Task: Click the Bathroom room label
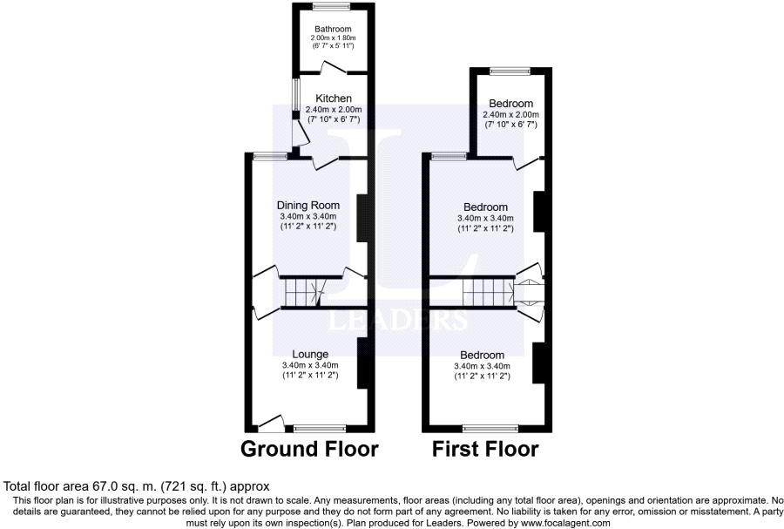[x=333, y=29]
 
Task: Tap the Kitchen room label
[x=333, y=98]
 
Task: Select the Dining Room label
[x=308, y=206]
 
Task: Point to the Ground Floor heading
[x=309, y=450]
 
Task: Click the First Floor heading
[x=486, y=450]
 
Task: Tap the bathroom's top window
[x=333, y=7]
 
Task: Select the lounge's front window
[x=319, y=429]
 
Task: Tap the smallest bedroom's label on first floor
[x=510, y=104]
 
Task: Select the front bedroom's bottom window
[x=488, y=429]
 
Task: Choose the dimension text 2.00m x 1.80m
[x=333, y=38]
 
